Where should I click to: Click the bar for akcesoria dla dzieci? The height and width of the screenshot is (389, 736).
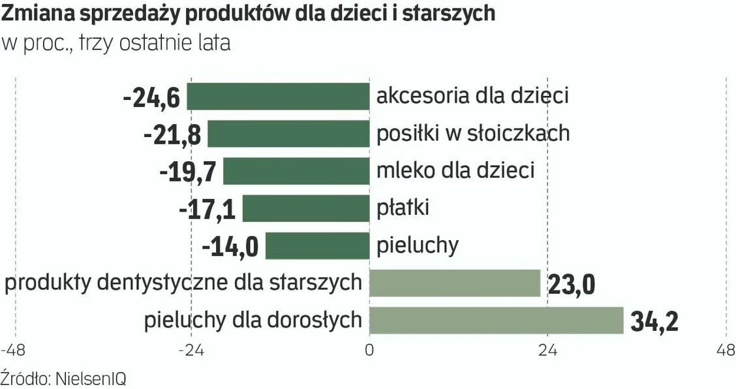click(x=278, y=97)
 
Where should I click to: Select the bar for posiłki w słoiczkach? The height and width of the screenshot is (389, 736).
click(x=288, y=134)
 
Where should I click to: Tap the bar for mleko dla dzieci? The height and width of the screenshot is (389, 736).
click(x=296, y=171)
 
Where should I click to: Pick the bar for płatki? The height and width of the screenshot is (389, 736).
click(x=306, y=209)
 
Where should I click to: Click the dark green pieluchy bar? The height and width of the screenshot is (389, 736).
click(x=317, y=246)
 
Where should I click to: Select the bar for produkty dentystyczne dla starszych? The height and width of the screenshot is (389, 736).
click(x=455, y=283)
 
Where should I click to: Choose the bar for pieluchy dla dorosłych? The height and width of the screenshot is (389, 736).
click(x=497, y=320)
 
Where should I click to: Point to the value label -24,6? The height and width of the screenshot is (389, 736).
click(x=151, y=98)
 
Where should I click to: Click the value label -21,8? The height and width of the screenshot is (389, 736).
click(x=172, y=135)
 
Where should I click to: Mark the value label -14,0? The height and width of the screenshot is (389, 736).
click(x=230, y=247)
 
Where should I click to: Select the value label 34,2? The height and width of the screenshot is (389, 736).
click(x=654, y=321)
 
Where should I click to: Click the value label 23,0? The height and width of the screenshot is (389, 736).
click(x=571, y=285)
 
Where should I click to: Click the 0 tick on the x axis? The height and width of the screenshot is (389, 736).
click(x=369, y=350)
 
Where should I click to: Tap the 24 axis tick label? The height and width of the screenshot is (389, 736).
click(x=547, y=350)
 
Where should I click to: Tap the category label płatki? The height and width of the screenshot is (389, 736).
click(x=403, y=209)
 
